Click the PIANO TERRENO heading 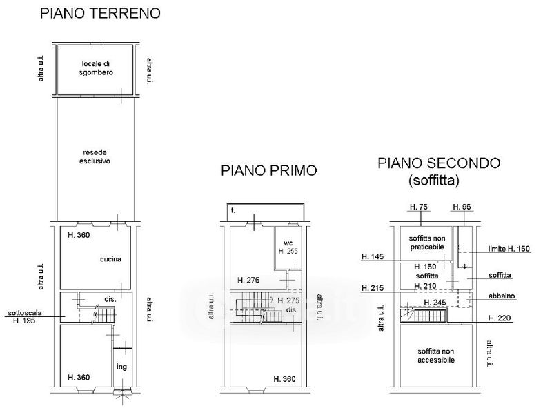pos(100,13)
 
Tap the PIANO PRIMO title pos(269,171)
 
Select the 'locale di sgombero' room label pos(96,68)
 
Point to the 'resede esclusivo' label pos(95,157)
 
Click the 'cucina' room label pos(110,259)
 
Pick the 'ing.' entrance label pos(123,367)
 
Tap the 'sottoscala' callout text pos(25,313)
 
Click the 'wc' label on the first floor pos(288,243)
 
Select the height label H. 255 pos(288,251)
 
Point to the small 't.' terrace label pos(233,211)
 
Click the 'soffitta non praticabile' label pos(427,243)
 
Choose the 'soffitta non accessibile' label pos(436,356)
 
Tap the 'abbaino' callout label pos(502,296)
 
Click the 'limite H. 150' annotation pos(509,249)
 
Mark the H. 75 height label pos(419,207)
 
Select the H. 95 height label pos(462,207)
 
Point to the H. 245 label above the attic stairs pos(435,303)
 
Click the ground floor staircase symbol pos(106,314)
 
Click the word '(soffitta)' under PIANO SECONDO pos(434,181)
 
